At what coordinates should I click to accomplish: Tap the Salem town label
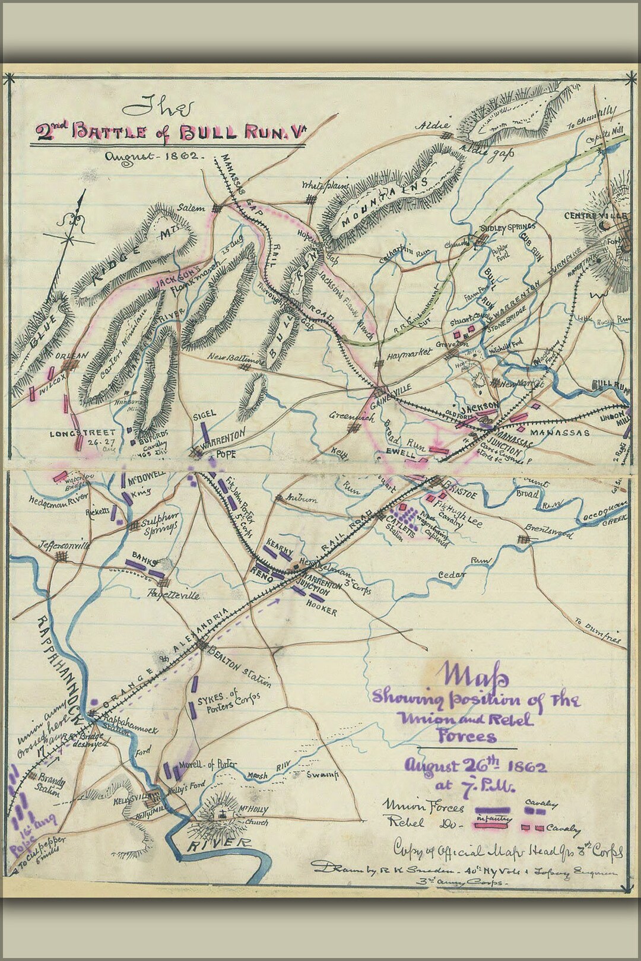tap(191, 208)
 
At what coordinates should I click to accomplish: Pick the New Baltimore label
tap(236, 358)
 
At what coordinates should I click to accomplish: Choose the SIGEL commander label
tap(204, 414)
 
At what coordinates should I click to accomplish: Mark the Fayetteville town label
tap(173, 595)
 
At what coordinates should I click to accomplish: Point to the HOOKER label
tap(322, 611)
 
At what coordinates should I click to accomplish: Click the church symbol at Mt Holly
tap(223, 813)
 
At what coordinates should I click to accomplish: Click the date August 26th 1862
tap(475, 766)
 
